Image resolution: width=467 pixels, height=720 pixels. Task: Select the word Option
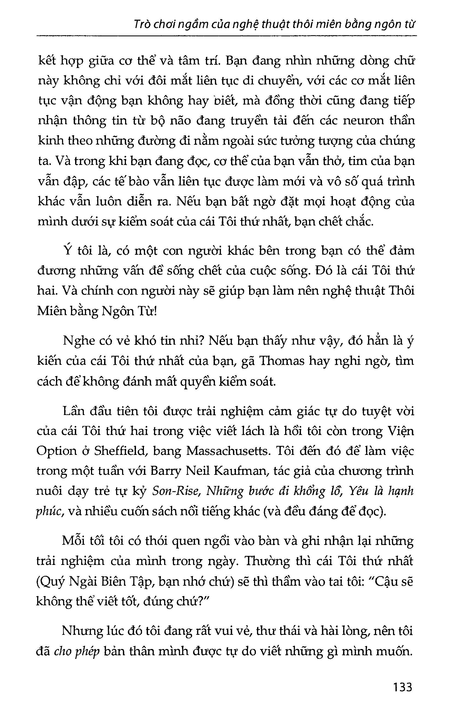tap(56, 451)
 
